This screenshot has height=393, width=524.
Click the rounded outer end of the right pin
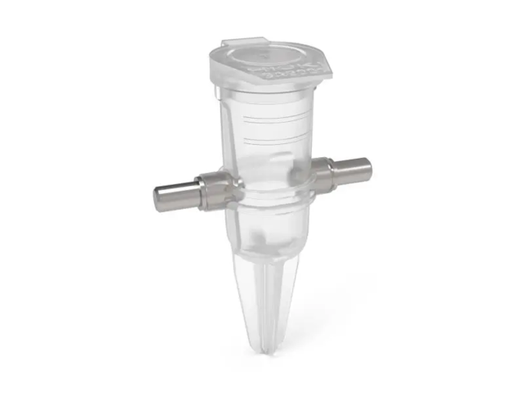[369, 170]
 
